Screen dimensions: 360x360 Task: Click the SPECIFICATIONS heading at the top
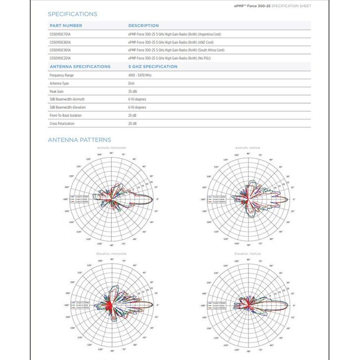click(x=72, y=14)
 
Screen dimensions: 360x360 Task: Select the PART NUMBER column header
click(x=66, y=25)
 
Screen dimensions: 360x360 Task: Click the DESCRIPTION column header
click(x=143, y=25)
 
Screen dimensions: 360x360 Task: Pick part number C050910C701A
click(x=60, y=34)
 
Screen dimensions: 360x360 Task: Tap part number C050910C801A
click(x=60, y=42)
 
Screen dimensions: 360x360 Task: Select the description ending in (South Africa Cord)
click(x=176, y=50)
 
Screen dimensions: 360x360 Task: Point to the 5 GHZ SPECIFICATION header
click(x=153, y=66)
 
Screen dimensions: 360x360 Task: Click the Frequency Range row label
click(x=61, y=75)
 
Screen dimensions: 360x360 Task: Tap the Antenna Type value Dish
click(x=131, y=83)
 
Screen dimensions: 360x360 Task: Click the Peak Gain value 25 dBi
click(x=133, y=91)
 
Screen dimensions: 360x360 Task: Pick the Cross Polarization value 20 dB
click(x=132, y=123)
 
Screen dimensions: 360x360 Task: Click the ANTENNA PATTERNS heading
click(x=79, y=140)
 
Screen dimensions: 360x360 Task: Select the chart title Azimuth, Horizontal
click(x=111, y=148)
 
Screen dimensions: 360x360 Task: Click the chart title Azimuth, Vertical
click(x=247, y=148)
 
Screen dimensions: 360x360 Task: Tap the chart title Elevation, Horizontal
click(x=111, y=254)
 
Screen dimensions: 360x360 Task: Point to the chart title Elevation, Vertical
click(x=247, y=254)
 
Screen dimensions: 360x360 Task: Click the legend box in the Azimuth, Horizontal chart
click(x=80, y=199)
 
